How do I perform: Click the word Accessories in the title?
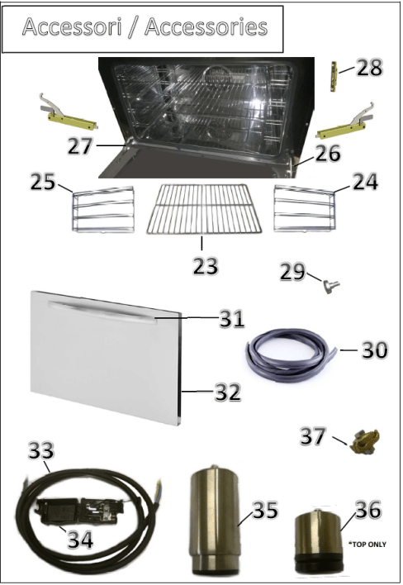click(206, 26)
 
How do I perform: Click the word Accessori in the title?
click(73, 26)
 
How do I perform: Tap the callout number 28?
click(369, 69)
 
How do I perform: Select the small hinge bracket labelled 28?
click(334, 77)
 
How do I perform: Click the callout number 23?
click(205, 265)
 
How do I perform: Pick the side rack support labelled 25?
click(102, 210)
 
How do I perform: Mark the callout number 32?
click(228, 392)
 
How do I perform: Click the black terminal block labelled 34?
click(80, 510)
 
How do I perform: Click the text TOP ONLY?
click(369, 545)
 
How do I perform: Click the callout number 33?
click(41, 450)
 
